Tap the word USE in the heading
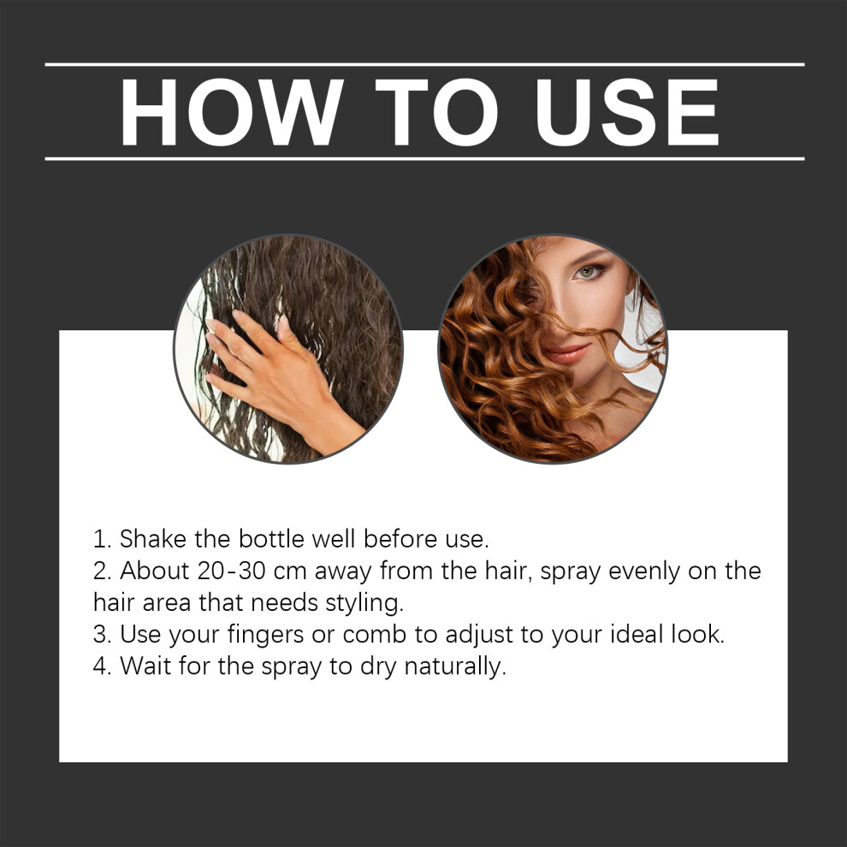(627, 112)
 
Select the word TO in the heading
(436, 112)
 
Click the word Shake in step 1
(153, 539)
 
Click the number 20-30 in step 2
(232, 571)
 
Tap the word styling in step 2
(364, 604)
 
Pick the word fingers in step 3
(265, 635)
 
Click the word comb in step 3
(375, 635)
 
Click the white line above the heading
(424, 65)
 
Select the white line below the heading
(424, 159)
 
